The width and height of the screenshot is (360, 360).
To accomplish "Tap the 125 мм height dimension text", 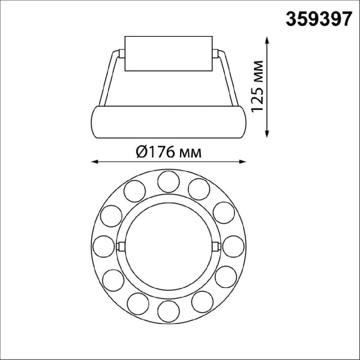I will (256, 86).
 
